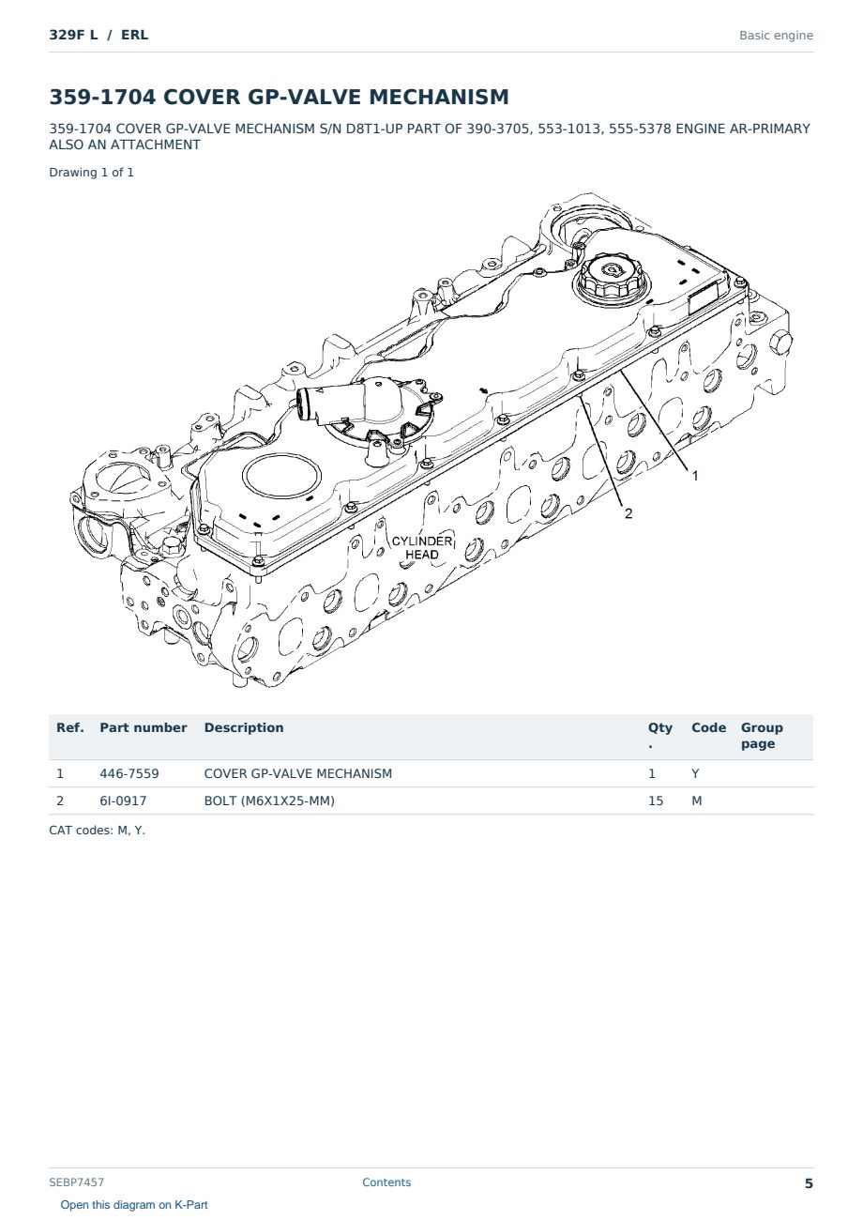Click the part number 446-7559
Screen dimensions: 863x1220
pos(129,773)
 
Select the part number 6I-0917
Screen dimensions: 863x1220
pos(123,801)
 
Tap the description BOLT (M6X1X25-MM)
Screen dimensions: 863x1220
pos(269,801)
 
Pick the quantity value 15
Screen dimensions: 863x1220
pos(656,801)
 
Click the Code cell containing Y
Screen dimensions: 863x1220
pos(695,773)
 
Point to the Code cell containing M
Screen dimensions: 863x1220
pos(696,801)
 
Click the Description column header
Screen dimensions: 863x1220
pos(243,727)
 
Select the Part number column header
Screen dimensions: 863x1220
pos(144,727)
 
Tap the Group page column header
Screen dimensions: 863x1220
pos(762,735)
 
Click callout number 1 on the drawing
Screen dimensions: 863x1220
pos(695,476)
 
